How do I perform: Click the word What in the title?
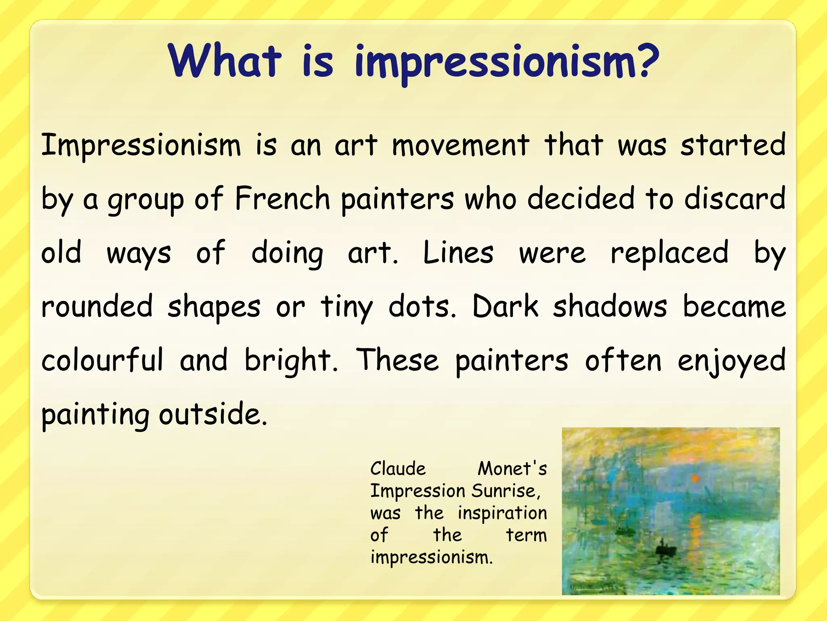pos(225,61)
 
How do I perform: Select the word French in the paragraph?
pos(283,199)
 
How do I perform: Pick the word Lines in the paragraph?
pos(458,253)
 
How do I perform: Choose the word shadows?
pos(610,306)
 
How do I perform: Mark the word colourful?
pos(103,360)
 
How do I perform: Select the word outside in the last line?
pos(213,414)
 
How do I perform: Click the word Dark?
pos(505,306)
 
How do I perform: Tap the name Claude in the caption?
pos(398,469)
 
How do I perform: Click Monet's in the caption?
pos(512,469)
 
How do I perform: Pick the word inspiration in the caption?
pos(502,513)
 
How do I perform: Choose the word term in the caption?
pos(526,535)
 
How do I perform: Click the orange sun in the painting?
pos(695,479)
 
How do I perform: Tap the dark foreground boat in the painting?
pos(665,549)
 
